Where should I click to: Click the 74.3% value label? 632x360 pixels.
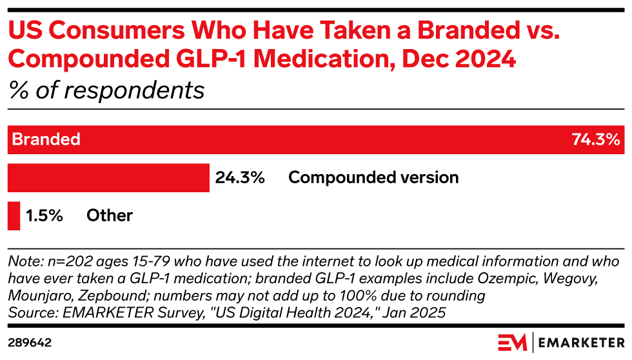pos(595,139)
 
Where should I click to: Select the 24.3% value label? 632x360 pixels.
pos(240,177)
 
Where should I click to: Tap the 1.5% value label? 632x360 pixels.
pos(44,215)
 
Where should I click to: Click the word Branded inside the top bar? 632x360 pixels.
pos(46,139)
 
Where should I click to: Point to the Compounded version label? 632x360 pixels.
pos(373,177)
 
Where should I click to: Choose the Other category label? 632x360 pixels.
pos(110,215)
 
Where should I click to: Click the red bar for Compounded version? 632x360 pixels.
pos(108,177)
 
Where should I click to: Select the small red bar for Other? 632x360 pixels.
pos(14,215)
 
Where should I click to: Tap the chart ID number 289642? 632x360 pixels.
pos(30,342)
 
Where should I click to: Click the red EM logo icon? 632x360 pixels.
pos(513,342)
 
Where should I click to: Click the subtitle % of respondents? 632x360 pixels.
pos(106,90)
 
